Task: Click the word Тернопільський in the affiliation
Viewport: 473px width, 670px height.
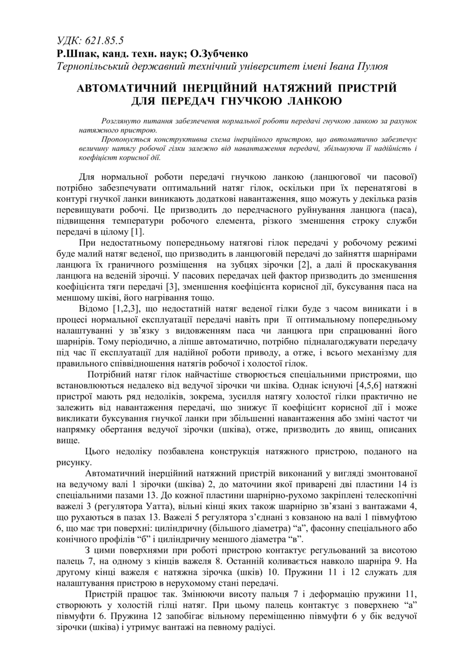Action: pos(94,66)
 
